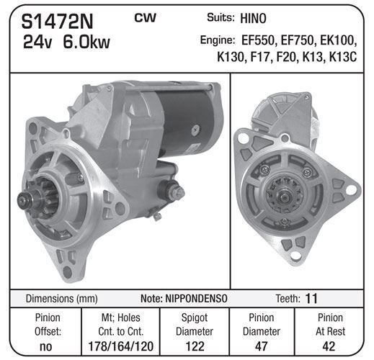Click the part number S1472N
(x=57, y=22)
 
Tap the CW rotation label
(x=146, y=18)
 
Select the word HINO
(x=253, y=19)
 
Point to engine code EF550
(x=258, y=40)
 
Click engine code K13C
(x=343, y=57)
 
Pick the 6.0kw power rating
(x=86, y=42)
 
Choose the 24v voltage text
(x=37, y=42)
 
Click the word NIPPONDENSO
(x=196, y=299)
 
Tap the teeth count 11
(x=311, y=299)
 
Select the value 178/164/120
(x=121, y=346)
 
